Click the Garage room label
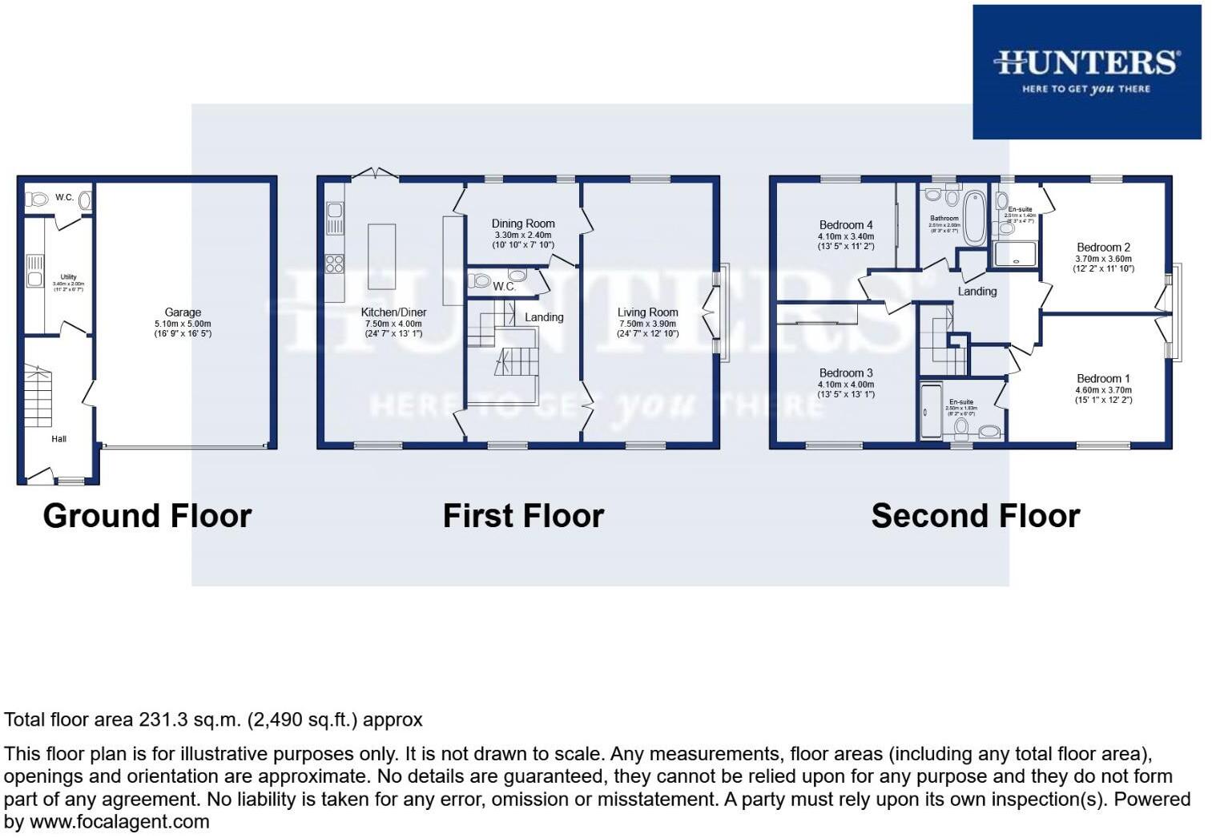[183, 312]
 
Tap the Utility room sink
[34, 279]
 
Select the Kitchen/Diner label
[393, 312]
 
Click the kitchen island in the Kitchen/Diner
[381, 256]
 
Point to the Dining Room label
[523, 224]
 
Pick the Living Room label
[647, 312]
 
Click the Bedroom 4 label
[846, 225]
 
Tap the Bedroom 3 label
[846, 373]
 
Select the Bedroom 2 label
[1103, 248]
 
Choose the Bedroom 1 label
[1103, 379]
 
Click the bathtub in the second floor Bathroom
[975, 217]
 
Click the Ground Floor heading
[147, 516]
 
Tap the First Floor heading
[523, 516]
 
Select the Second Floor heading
[975, 516]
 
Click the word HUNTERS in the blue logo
[1086, 62]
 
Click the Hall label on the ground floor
[59, 439]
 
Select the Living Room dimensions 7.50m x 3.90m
[647, 324]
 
